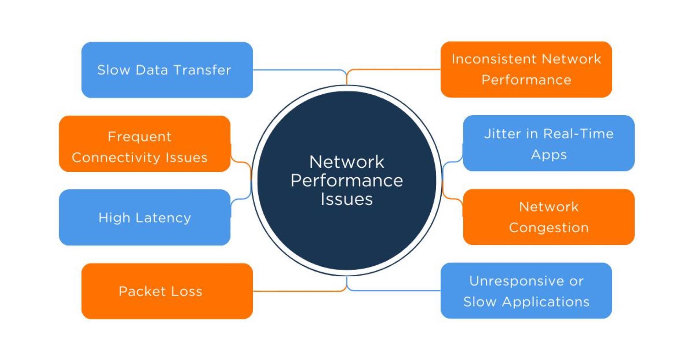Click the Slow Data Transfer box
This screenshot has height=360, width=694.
(x=167, y=70)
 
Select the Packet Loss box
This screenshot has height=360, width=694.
(x=167, y=291)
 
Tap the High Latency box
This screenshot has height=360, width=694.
(x=145, y=217)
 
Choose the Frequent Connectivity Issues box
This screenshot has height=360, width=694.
(x=145, y=144)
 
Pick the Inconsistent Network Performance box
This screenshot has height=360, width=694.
(x=526, y=70)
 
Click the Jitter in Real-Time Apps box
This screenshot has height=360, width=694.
(x=549, y=143)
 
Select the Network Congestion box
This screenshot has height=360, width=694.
(x=549, y=217)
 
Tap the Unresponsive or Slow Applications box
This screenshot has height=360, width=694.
(x=526, y=291)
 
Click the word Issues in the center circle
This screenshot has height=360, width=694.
(x=347, y=199)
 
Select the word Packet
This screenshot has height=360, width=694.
(x=142, y=291)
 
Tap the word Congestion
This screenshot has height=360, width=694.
(x=549, y=228)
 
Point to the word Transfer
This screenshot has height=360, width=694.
(x=202, y=70)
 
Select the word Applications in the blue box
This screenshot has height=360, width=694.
(x=545, y=302)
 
